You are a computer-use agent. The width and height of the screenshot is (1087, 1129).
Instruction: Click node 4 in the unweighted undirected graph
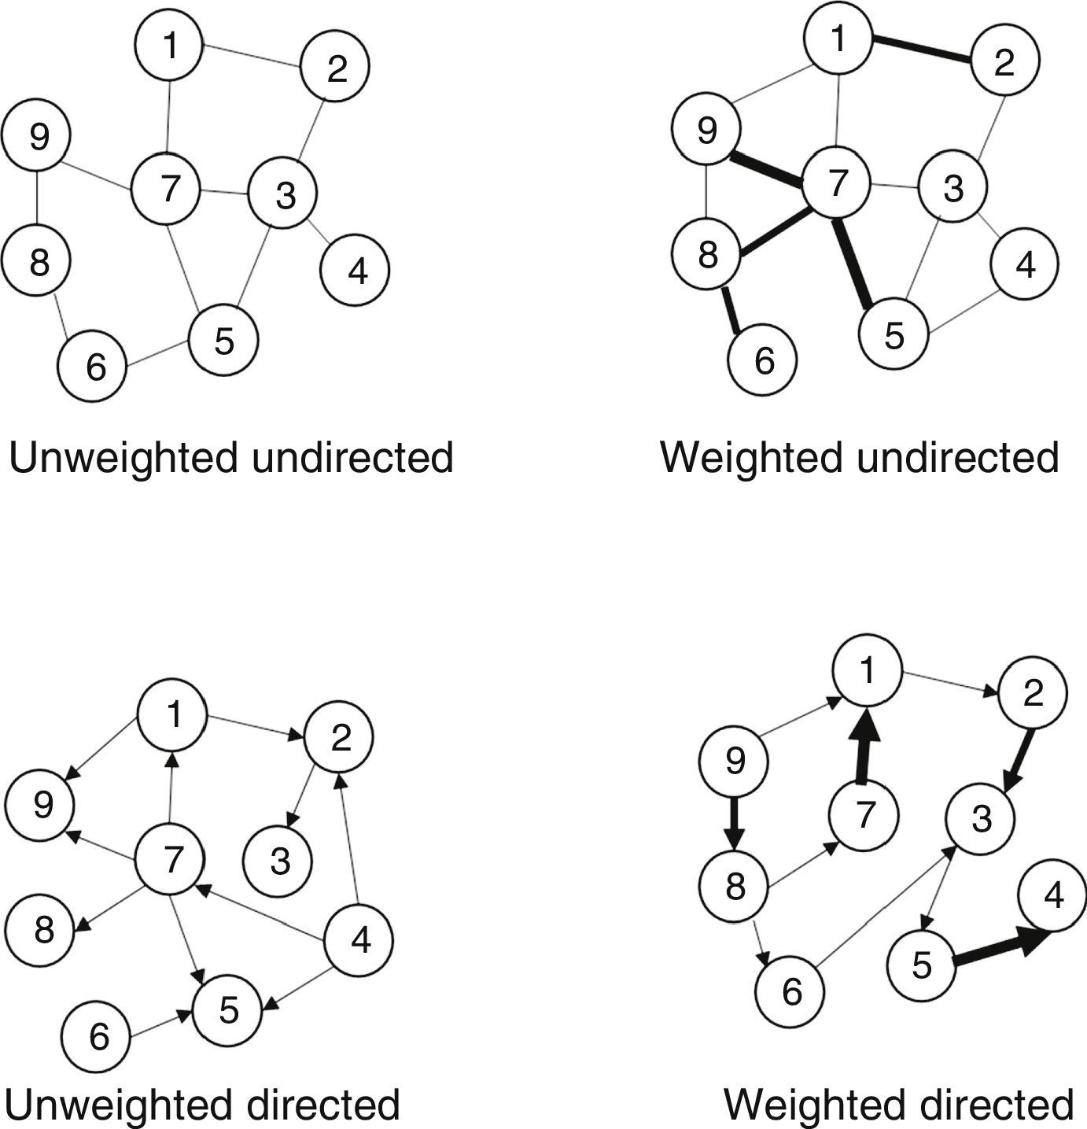(355, 270)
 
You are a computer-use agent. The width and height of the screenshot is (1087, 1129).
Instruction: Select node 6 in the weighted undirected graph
(762, 360)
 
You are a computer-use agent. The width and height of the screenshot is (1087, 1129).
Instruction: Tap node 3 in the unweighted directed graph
(278, 862)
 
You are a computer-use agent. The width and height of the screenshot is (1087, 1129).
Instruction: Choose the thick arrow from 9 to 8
(734, 823)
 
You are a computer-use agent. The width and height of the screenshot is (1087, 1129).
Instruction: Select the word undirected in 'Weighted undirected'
(957, 457)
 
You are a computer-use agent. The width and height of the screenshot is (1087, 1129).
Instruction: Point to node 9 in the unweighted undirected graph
(36, 135)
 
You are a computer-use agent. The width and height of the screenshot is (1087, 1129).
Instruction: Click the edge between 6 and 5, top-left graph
(158, 354)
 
